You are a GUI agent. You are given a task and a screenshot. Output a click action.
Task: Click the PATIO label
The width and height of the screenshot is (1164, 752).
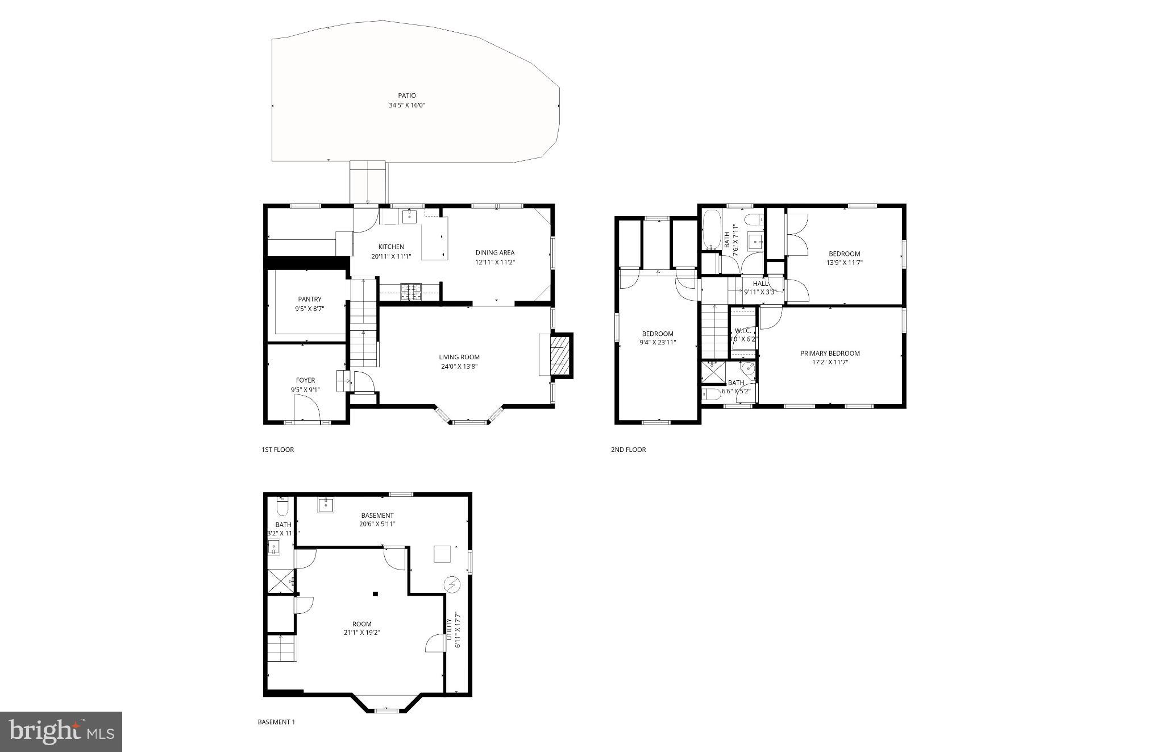pos(406,95)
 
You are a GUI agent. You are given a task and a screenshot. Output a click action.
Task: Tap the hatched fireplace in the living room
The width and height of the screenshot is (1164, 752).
pos(560,355)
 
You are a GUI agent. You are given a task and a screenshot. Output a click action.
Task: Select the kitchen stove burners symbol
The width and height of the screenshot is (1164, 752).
pos(411,292)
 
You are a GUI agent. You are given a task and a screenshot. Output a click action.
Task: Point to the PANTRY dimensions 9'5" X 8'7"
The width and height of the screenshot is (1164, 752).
pos(309,309)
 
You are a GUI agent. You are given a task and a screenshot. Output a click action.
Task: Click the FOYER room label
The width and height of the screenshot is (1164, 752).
pos(305,380)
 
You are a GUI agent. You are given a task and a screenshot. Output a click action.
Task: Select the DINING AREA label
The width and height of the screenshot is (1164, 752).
pos(494,252)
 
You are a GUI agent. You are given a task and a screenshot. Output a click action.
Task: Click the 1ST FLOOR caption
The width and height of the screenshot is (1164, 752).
pos(277,450)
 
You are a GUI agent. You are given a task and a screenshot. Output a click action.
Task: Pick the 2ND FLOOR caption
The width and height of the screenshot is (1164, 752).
pos(628,450)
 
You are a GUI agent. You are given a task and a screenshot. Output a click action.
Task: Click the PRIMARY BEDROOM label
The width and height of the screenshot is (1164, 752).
pos(830,353)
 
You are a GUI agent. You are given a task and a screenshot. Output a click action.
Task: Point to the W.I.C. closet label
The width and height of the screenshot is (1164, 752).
pos(743,330)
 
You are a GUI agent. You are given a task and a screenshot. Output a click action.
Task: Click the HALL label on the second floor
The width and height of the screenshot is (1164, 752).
pos(760,284)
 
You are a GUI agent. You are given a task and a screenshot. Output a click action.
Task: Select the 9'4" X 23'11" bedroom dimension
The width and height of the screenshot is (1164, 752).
pos(658,343)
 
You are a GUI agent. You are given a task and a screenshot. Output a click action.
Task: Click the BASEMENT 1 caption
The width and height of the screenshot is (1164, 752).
pos(276,722)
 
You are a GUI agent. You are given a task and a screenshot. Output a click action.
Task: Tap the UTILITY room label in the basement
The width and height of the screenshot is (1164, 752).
pos(448,629)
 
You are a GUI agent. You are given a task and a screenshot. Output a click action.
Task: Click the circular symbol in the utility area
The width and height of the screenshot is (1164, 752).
pos(452,584)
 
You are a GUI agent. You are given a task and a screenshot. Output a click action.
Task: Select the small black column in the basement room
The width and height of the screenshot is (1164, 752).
pos(375,594)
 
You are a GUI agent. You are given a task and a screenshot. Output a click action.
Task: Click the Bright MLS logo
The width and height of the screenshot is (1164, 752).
pos(61,732)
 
